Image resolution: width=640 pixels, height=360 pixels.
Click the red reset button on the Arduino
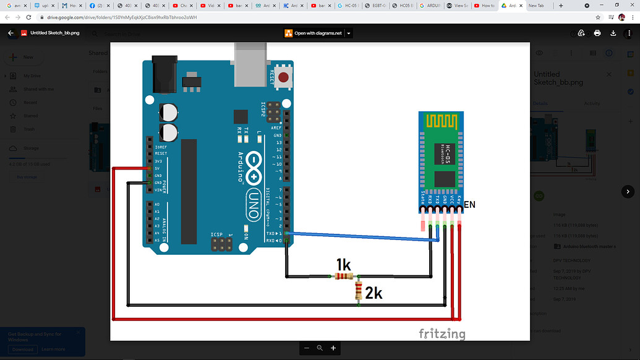point(284,78)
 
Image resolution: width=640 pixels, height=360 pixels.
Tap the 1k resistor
point(344,276)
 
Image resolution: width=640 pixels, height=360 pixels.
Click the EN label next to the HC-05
point(469,204)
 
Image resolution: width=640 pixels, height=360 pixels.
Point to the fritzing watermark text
point(442,333)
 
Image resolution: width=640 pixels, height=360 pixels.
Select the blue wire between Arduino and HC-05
point(365,237)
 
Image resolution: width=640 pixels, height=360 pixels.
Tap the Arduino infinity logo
point(254,166)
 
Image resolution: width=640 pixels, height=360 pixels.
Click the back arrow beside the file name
point(11,33)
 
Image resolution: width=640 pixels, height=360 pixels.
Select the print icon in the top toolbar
point(597,33)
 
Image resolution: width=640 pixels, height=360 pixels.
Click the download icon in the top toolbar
point(613,33)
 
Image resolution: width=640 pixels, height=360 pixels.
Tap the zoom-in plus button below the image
point(333,348)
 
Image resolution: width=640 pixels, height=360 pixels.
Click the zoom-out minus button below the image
point(306,348)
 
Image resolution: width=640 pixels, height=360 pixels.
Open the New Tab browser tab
point(536,6)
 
